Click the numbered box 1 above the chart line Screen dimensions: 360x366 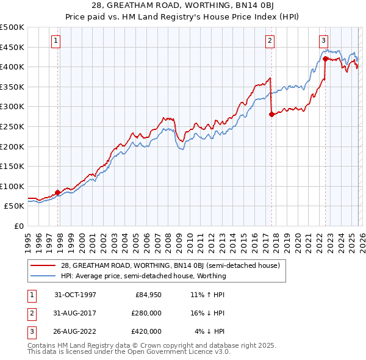tap(56, 41)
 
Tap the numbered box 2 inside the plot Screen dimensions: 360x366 tap(270, 41)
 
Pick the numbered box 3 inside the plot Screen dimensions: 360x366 tap(323, 41)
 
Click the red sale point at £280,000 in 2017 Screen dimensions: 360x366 tap(271, 114)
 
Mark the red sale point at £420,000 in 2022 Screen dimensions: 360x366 tap(325, 59)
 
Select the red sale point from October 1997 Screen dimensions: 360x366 tap(58, 192)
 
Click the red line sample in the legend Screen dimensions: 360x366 tap(43, 265)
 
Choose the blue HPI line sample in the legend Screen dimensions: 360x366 tap(43, 276)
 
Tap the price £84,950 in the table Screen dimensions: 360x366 tap(148, 295)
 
